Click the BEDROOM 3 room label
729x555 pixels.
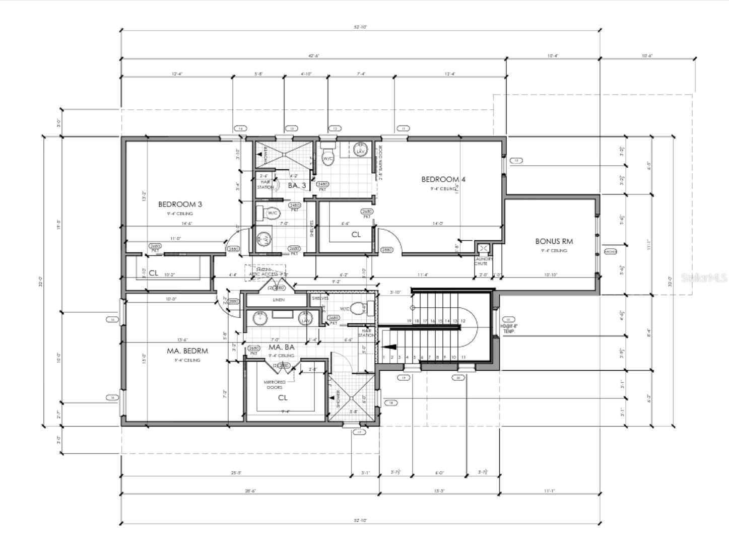tap(180, 204)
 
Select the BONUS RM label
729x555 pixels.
tap(554, 241)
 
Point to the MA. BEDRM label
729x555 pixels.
tap(187, 351)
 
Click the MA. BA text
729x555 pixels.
tap(281, 348)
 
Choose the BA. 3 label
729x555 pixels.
tap(297, 185)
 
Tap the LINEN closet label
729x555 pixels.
tap(278, 300)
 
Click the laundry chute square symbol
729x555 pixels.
tap(483, 248)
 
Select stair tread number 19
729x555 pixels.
tap(409, 321)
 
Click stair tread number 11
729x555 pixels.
tap(463, 357)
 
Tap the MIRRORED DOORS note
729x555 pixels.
tap(274, 385)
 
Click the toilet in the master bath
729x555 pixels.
tap(359, 308)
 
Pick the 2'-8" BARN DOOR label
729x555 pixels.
tap(381, 163)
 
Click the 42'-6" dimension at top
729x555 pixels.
tap(313, 56)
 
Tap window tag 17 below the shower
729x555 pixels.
tap(359, 432)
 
